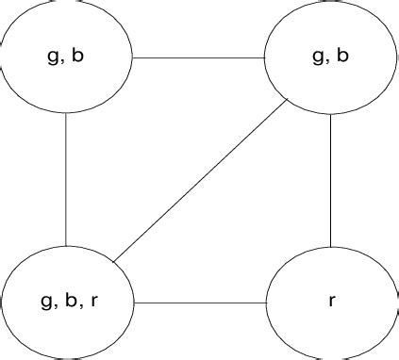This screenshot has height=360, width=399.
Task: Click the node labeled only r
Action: pos(330,303)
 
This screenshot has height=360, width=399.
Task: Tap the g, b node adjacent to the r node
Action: pos(330,57)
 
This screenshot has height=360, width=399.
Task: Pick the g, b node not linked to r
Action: pos(66,57)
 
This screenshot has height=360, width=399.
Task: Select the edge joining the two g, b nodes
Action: pos(198,57)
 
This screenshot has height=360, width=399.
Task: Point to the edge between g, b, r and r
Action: pos(200,303)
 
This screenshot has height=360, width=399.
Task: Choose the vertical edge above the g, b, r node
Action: pos(66,179)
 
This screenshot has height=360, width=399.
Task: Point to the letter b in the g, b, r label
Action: pos(70,303)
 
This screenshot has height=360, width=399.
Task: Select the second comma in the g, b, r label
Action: pos(80,308)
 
